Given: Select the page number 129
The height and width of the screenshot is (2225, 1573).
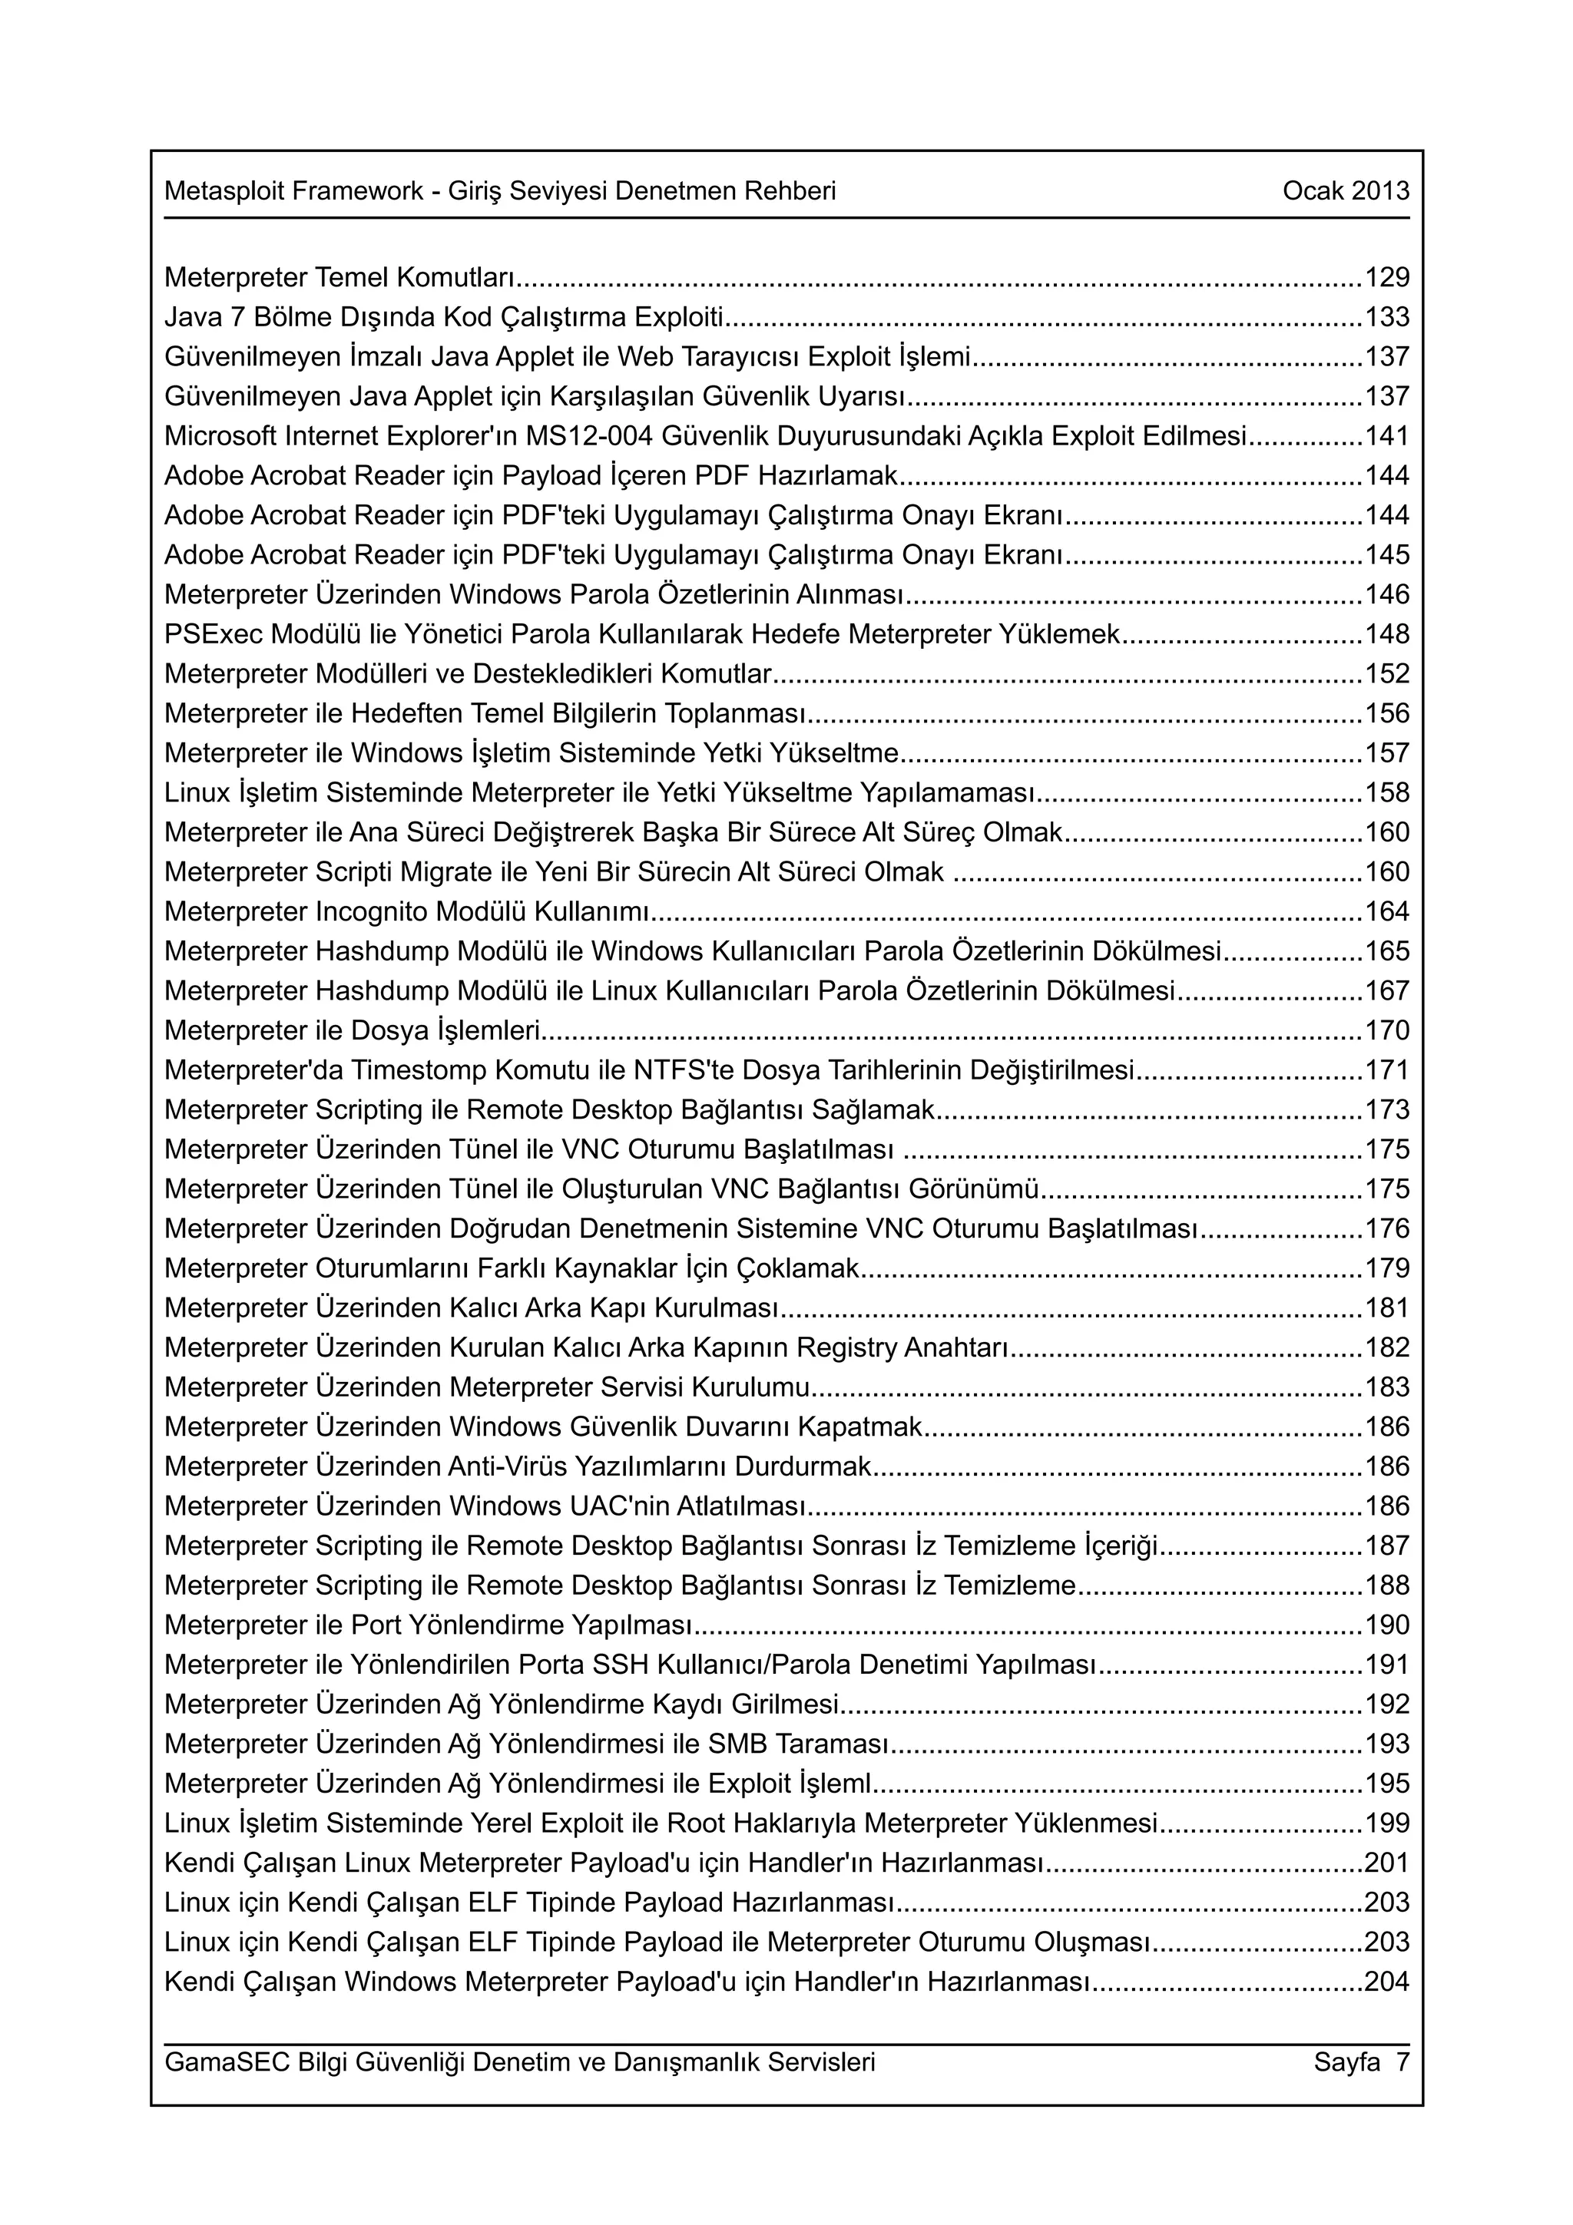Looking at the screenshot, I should (x=1387, y=277).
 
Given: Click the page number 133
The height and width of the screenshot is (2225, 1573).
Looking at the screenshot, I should (x=1387, y=317).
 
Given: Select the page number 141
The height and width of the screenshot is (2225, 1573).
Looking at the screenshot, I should (x=1387, y=436).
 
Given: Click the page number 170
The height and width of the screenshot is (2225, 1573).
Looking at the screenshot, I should (x=1387, y=1030).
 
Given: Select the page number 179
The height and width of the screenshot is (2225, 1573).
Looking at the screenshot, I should (x=1387, y=1268).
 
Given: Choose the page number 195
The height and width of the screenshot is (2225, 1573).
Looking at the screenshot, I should (x=1387, y=1783).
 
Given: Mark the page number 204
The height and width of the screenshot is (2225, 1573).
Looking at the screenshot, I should (x=1387, y=1981).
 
